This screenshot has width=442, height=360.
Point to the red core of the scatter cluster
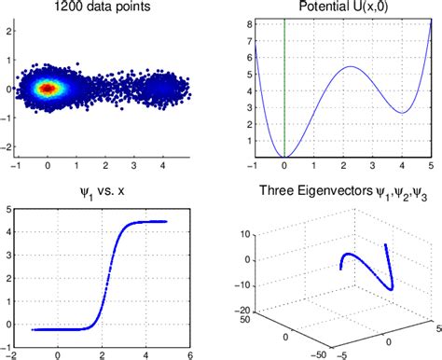48,89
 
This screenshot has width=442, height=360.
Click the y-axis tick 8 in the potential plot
245,21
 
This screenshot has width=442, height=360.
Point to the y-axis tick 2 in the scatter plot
8,30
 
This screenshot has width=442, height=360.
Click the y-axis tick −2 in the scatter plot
7,147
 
